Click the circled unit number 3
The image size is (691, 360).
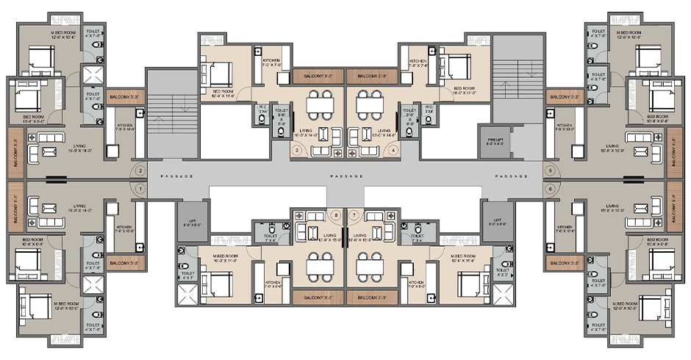point(297,150)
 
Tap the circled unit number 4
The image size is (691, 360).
point(394,150)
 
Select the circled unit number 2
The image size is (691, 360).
point(140,171)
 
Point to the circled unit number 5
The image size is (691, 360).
point(550,171)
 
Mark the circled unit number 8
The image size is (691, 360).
point(337,215)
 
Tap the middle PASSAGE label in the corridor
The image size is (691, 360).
point(345,177)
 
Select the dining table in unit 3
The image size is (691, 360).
point(321,104)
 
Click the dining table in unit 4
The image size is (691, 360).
point(370,104)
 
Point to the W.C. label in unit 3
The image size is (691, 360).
point(262,109)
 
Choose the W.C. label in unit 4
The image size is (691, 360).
point(428,109)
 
